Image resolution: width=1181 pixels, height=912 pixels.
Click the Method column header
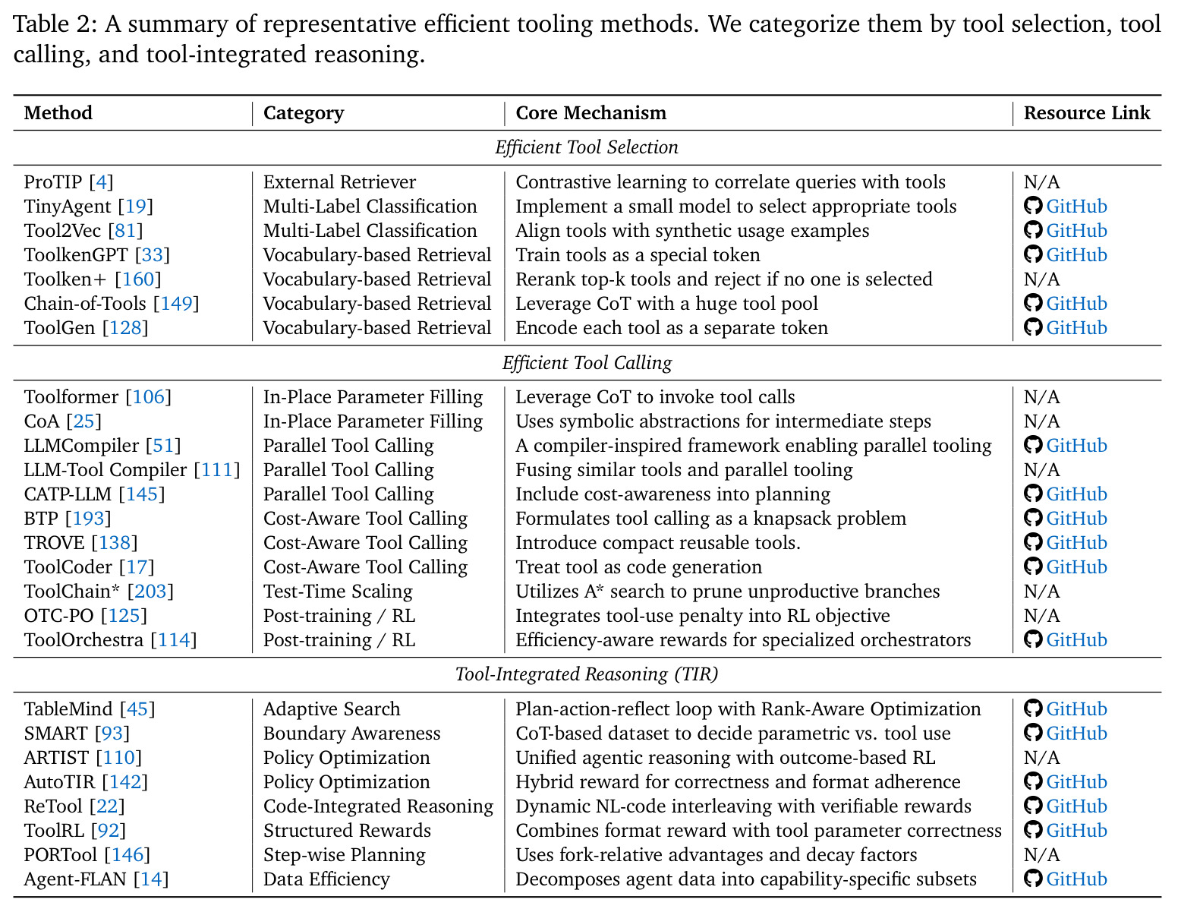click(x=58, y=113)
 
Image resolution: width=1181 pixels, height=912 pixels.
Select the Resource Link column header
click(x=1087, y=113)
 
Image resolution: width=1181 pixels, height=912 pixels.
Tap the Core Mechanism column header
click(x=590, y=113)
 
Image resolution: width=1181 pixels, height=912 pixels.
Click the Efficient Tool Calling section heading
click(x=587, y=363)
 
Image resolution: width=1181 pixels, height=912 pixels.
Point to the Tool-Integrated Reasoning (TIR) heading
click(x=587, y=674)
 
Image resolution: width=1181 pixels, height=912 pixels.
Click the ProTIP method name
click(x=53, y=182)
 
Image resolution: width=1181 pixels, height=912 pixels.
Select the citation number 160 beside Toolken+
click(x=138, y=279)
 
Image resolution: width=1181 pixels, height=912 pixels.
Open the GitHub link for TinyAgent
click(x=1076, y=207)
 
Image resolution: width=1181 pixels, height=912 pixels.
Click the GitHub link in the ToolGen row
click(x=1076, y=328)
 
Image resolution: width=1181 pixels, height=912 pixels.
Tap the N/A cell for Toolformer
click(x=1042, y=397)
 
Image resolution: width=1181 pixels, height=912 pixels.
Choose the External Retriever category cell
click(x=340, y=182)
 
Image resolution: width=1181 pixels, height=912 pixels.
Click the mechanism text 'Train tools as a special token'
click(x=638, y=255)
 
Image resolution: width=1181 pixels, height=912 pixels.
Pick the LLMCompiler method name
click(x=81, y=446)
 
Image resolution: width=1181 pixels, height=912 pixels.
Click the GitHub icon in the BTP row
click(x=1033, y=518)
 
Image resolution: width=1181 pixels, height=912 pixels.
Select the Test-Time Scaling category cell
click(x=338, y=592)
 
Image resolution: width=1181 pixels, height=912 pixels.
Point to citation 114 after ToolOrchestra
click(x=173, y=640)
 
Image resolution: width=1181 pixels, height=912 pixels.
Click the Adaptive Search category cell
click(x=332, y=709)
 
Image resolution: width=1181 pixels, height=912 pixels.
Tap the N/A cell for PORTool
click(x=1042, y=855)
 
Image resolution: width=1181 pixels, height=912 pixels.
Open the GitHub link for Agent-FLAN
click(x=1076, y=879)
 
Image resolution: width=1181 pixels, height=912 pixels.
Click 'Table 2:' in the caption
click(x=55, y=24)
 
